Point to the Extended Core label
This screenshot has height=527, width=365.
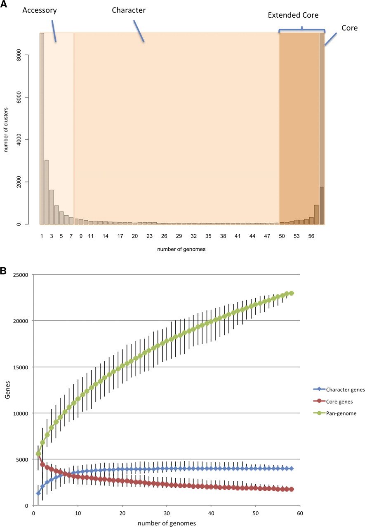[293, 15]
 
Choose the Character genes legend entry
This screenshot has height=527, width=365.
[337, 389]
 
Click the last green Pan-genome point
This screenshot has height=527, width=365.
[291, 293]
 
